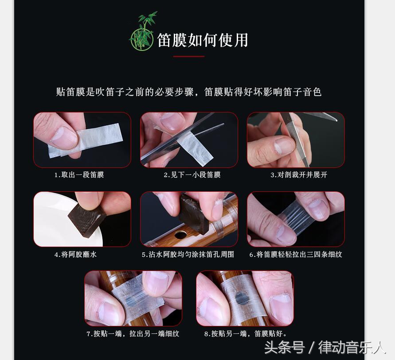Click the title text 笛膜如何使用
(203, 40)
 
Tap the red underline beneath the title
(189, 57)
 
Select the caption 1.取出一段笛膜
(79, 175)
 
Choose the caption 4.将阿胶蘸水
(75, 255)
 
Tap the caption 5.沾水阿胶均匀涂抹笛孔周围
(188, 255)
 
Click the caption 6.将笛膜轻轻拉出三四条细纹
(296, 255)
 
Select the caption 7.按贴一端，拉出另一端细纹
(133, 334)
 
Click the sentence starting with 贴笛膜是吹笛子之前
(188, 92)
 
